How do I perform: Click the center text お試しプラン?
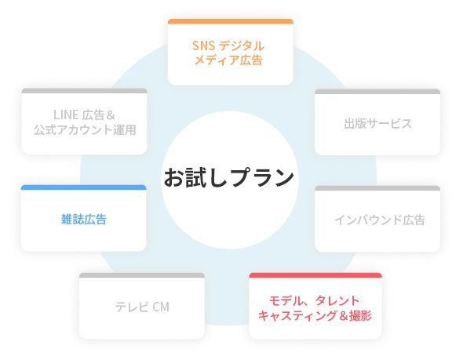point(229,177)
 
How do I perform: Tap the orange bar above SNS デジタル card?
point(230,21)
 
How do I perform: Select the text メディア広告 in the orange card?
point(228,60)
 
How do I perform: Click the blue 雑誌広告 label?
point(83,220)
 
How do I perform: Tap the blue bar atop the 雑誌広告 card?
point(83,187)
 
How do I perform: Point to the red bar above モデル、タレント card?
point(315,275)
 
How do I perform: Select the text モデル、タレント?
point(314,301)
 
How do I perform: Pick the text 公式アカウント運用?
point(85,130)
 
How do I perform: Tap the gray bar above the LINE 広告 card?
point(84,91)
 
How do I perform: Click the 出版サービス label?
point(378,124)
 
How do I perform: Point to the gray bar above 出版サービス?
point(377,92)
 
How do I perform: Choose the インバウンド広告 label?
point(380,220)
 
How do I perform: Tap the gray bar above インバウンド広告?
point(377,188)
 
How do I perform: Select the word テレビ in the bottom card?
point(132,307)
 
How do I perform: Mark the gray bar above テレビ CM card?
point(142,275)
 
